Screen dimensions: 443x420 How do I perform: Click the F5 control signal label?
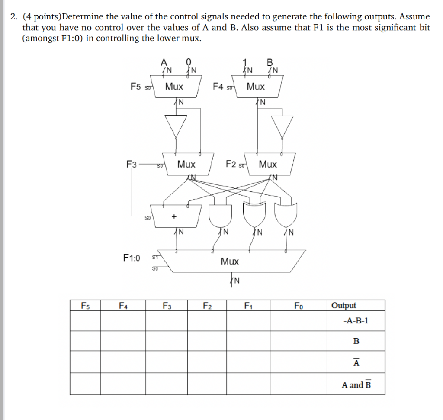point(136,86)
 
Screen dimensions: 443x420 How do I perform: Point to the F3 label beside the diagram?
point(131,164)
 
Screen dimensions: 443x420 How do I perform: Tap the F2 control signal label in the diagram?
point(231,164)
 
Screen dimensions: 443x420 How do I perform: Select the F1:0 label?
point(132,258)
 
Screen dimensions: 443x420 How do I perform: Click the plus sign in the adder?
point(174,215)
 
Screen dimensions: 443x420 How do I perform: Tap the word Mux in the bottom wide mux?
point(229,262)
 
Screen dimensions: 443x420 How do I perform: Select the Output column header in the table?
point(343,306)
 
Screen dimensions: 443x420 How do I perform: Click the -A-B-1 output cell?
point(356,321)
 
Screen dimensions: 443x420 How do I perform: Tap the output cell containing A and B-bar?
point(356,385)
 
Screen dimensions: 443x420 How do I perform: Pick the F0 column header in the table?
point(299,306)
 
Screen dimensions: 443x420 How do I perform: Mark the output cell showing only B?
point(356,341)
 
